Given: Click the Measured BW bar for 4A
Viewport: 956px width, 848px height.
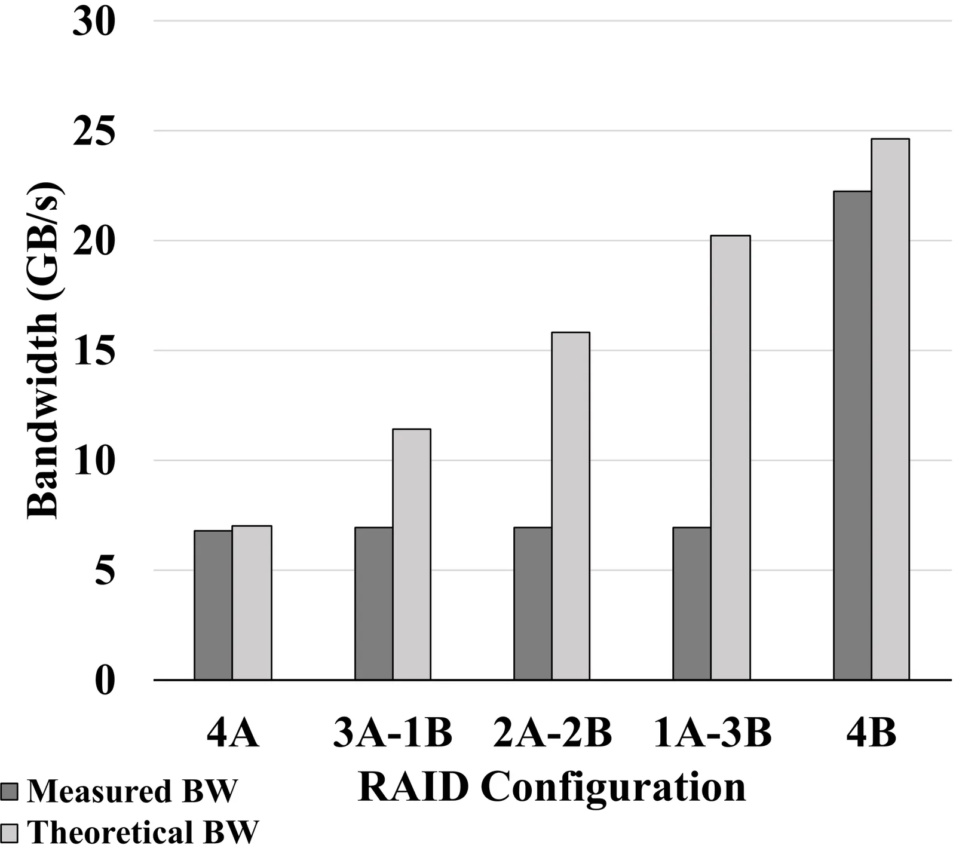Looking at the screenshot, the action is tap(213, 605).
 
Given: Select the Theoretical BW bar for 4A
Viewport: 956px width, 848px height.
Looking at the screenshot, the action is tap(252, 602).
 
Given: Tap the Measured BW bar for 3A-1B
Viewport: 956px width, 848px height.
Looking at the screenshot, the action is tap(374, 604).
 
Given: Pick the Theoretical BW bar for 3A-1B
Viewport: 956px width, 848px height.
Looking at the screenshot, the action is tap(412, 554).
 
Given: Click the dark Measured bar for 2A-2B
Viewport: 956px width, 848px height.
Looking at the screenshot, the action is tap(533, 604).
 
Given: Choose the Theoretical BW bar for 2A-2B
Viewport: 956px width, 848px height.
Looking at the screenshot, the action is tap(571, 506).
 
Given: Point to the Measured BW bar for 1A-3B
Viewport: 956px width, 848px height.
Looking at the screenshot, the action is tap(692, 604).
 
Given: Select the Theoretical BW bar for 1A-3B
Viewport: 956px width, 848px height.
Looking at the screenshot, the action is tap(730, 458).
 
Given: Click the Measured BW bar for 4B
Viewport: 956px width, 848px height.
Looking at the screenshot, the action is tap(853, 436).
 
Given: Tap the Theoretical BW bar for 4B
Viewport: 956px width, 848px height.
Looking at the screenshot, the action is tap(890, 409).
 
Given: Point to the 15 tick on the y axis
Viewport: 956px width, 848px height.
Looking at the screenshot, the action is tap(93, 351).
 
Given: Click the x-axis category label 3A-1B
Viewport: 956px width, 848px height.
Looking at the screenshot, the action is tap(393, 733).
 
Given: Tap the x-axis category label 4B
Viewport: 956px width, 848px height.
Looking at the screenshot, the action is tap(872, 733).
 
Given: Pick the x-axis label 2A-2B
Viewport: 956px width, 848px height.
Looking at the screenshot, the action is tap(553, 733).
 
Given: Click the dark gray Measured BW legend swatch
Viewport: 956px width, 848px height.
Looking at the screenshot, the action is tap(10, 791).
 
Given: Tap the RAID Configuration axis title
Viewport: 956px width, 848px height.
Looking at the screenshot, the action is tap(552, 786).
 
